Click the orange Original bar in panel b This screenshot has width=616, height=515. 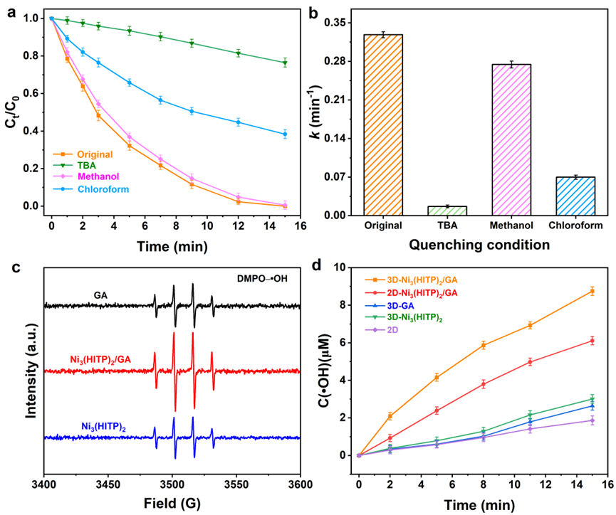pyautogui.click(x=383, y=124)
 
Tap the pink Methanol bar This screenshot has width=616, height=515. pyautogui.click(x=512, y=139)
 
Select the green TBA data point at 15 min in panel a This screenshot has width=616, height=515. pyautogui.click(x=285, y=63)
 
